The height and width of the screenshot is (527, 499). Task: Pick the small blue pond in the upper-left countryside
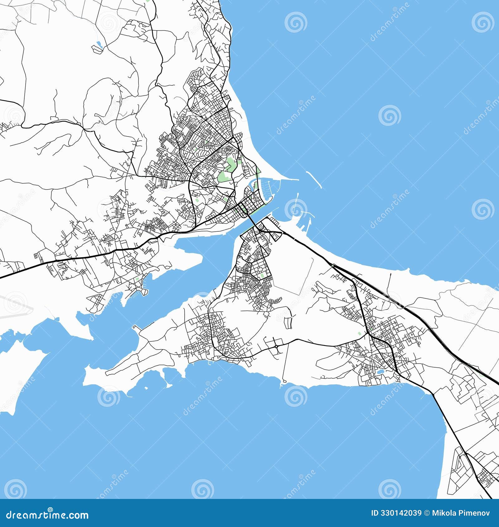99,44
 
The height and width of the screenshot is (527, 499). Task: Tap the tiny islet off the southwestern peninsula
146,388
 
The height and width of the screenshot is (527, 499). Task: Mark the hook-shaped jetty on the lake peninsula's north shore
135,327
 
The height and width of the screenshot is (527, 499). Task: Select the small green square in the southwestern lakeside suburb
137,279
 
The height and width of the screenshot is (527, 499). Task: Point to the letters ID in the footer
375,513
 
